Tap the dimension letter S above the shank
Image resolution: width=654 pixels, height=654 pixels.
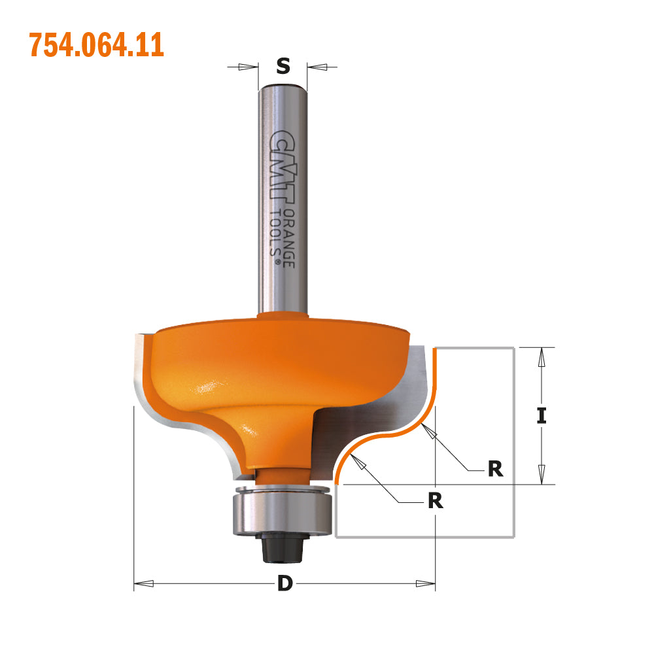[x=283, y=66]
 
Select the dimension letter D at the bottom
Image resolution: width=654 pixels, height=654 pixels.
[x=284, y=583]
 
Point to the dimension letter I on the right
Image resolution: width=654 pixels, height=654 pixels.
[x=542, y=415]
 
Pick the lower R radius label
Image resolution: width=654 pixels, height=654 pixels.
[x=435, y=501]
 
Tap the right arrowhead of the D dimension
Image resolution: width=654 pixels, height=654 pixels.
[x=425, y=583]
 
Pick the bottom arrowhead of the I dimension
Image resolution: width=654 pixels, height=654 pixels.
[x=542, y=473]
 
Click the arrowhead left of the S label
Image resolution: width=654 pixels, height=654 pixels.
[x=248, y=66]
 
